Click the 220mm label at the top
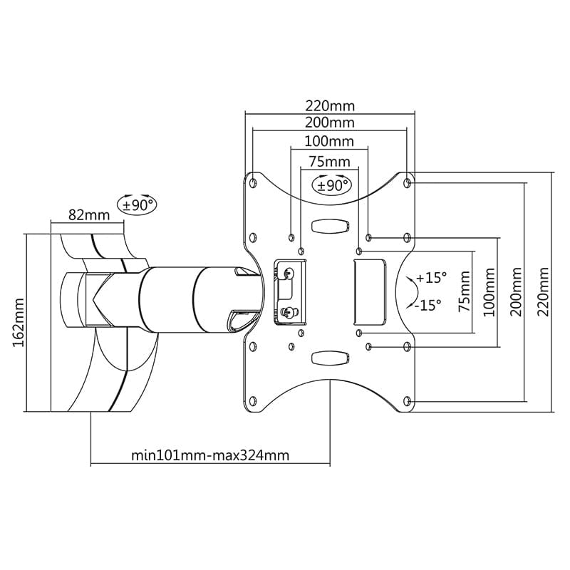pos(328,105)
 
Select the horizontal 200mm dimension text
pos(328,123)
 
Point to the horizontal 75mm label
pos(328,160)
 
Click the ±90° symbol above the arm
pos(138,204)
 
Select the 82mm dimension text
pos(88,214)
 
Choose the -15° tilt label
pos(427,304)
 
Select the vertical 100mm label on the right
pos(489,292)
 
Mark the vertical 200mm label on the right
pos(517,292)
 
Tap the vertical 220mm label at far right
pos(545,292)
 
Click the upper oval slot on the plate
pos(330,225)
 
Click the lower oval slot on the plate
pos(330,356)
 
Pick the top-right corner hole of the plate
pos(407,183)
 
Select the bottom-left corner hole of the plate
pos(252,400)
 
